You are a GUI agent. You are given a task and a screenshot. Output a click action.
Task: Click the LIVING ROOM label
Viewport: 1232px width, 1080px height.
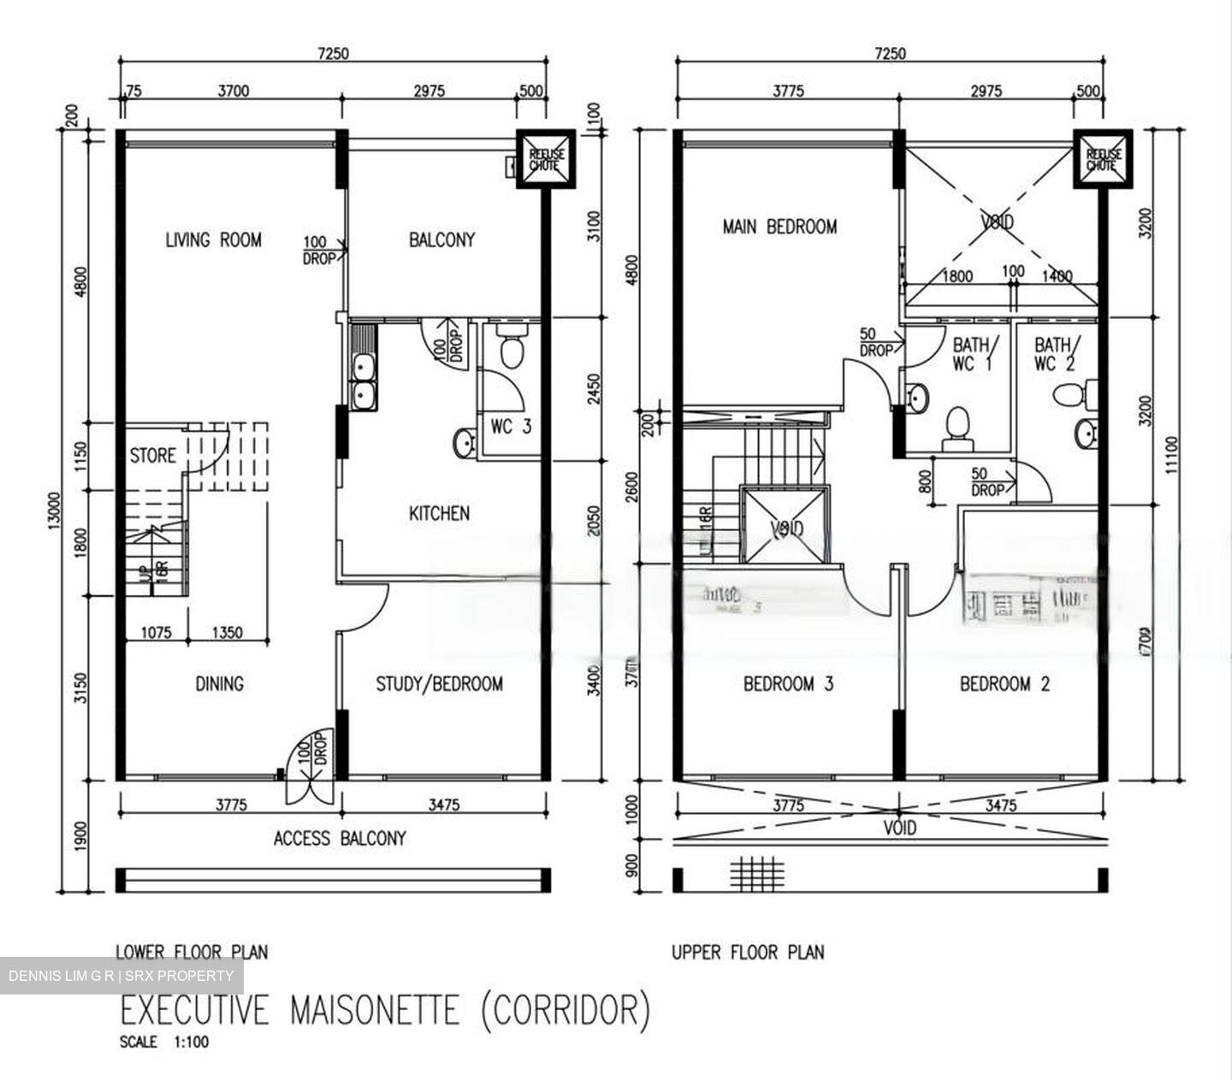pos(213,240)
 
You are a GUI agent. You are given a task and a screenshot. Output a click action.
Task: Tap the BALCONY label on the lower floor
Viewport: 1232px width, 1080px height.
pos(441,240)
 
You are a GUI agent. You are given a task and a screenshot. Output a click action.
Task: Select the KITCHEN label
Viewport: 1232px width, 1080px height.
pos(439,513)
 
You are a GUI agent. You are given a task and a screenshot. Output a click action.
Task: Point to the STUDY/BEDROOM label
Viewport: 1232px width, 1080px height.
pos(439,684)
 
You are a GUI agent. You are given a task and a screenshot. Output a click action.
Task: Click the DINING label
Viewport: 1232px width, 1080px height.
pos(219,684)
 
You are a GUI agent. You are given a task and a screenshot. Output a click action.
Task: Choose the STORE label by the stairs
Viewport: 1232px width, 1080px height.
pos(152,456)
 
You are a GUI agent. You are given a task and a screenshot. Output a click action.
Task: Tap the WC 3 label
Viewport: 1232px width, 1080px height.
pos(511,425)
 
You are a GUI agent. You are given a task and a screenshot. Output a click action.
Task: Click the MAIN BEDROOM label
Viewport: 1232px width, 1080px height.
pos(779,227)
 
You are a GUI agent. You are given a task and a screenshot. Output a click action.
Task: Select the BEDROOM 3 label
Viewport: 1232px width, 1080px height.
pos(788,684)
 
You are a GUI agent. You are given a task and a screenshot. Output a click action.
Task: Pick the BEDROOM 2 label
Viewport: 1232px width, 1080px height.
pos(1004,684)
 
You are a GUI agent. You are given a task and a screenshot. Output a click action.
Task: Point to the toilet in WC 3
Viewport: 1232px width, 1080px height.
pos(512,349)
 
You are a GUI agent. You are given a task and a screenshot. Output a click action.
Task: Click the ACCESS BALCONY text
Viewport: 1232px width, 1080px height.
pos(340,839)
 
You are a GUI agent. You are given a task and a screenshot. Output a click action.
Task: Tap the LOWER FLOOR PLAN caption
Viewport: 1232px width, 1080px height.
pos(192,952)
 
